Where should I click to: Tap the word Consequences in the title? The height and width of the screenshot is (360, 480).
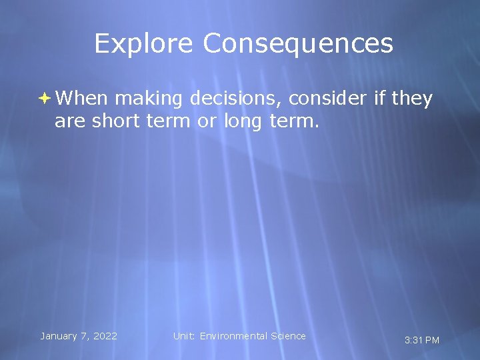[298, 44]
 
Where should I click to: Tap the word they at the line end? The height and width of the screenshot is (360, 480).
[412, 99]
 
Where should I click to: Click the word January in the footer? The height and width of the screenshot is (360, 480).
[61, 336]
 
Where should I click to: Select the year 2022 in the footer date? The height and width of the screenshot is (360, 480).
[105, 336]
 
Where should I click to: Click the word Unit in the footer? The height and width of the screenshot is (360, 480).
[183, 336]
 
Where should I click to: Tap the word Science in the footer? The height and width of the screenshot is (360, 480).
[288, 336]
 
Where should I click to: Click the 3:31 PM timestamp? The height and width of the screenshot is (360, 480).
[422, 340]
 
